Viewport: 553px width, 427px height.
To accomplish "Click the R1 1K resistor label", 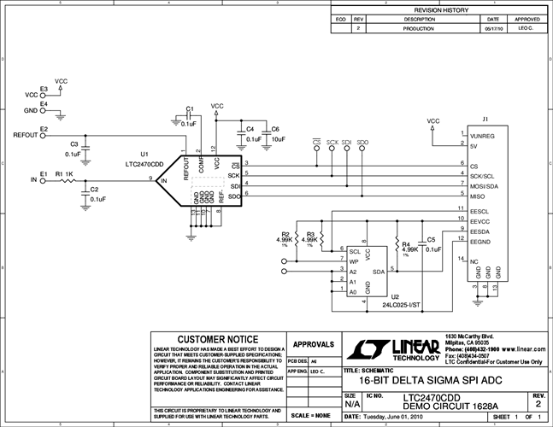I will point(64,173).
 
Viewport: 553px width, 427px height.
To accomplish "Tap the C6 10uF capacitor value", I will point(278,138).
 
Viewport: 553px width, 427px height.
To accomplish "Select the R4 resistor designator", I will point(405,243).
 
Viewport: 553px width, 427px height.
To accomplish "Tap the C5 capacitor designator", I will point(431,240).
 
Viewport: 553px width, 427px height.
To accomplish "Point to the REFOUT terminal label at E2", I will point(26,136).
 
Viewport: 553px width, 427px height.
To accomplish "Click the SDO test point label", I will point(362,142).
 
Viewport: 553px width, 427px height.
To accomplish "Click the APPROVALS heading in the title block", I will point(313,344).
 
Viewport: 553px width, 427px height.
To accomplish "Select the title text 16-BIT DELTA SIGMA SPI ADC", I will point(420,381).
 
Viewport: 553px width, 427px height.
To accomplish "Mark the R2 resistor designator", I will point(285,233).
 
